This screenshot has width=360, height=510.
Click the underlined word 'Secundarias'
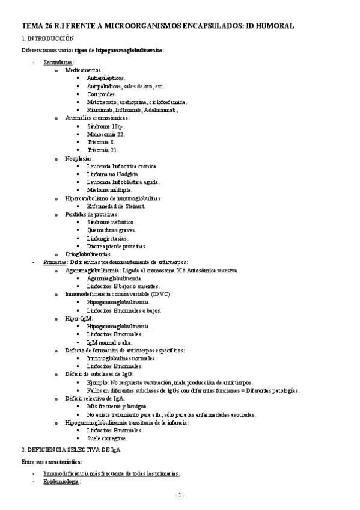[58, 62]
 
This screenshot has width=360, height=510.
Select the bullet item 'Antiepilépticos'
[106, 78]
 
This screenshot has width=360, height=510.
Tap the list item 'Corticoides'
[103, 94]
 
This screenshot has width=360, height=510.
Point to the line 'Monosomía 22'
[106, 134]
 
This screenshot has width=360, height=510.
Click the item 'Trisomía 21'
[103, 150]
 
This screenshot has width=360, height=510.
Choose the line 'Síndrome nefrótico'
[111, 223]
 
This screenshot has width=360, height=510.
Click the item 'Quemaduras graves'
[111, 230]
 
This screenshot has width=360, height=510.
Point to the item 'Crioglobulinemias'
[89, 254]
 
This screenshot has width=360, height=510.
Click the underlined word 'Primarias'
[55, 262]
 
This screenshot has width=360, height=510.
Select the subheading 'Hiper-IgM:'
[80, 318]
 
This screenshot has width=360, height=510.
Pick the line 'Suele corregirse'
[108, 438]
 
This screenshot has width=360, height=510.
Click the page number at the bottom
[179, 496]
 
